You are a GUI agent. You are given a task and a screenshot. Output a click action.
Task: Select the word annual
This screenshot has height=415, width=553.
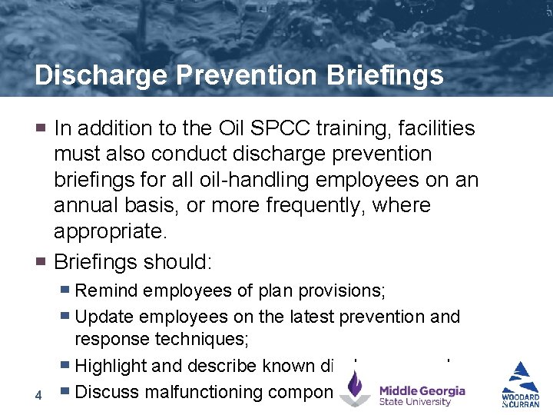tap(87, 206)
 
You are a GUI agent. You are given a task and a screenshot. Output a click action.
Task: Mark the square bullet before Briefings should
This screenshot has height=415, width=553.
tap(42, 261)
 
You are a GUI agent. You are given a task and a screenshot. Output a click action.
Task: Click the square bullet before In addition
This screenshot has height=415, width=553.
tap(42, 127)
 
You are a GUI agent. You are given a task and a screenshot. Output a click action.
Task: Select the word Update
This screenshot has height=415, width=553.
tap(104, 317)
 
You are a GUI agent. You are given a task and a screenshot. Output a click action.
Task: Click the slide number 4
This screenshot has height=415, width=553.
tap(38, 395)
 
